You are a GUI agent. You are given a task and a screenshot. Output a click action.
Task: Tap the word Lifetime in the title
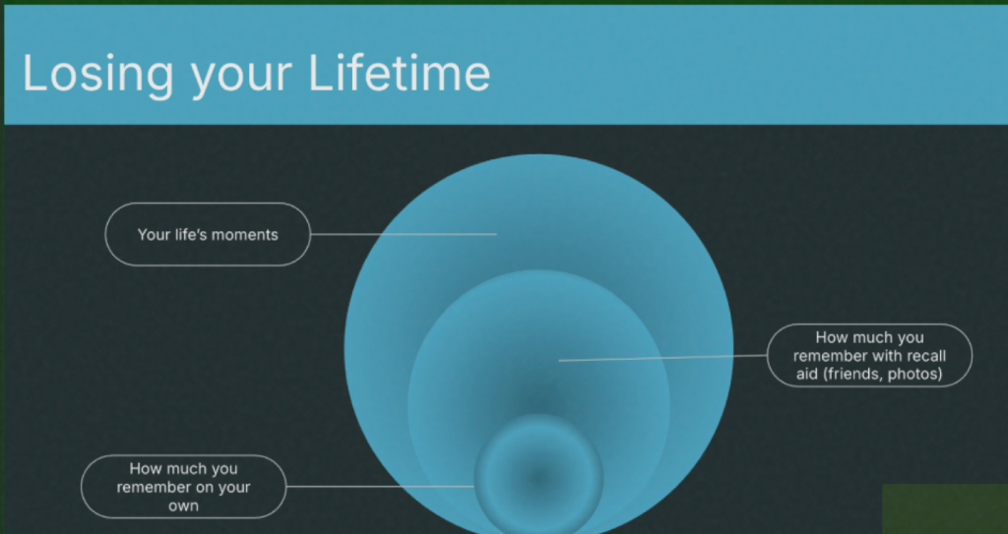tap(400, 73)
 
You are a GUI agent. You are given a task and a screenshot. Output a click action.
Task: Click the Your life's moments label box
tap(208, 234)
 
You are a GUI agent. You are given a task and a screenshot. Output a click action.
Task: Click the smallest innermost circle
tap(538, 474)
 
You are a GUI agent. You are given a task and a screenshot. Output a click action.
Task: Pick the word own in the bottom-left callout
tap(183, 505)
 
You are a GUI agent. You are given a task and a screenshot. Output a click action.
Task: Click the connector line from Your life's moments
tap(404, 235)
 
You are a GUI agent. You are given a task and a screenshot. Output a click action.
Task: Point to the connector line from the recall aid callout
tap(662, 358)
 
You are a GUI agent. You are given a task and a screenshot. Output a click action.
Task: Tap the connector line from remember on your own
tap(380, 487)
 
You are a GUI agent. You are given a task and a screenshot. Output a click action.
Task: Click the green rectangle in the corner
tap(945, 509)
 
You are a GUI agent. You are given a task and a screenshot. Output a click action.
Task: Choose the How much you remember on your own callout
tap(183, 487)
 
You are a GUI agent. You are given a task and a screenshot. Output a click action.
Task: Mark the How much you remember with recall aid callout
tap(870, 355)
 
